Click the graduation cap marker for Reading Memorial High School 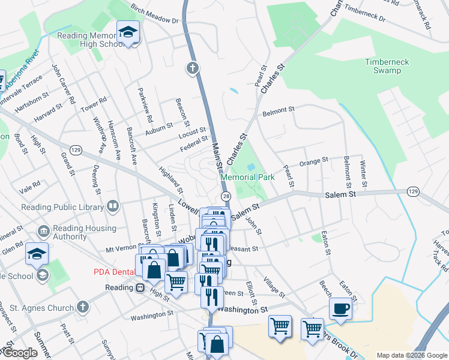coord(128,34)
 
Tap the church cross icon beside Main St coord(193,68)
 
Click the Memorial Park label coord(247,177)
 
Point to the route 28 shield coord(226,196)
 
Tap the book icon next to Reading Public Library coord(112,207)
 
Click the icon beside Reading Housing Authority coord(43,232)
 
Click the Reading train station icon coord(140,287)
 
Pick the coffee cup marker coord(341,310)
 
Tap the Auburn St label coord(159,127)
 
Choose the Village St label coord(274,287)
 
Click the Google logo coord(20,353)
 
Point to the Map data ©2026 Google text coord(411,355)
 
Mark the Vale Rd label coord(29,184)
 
